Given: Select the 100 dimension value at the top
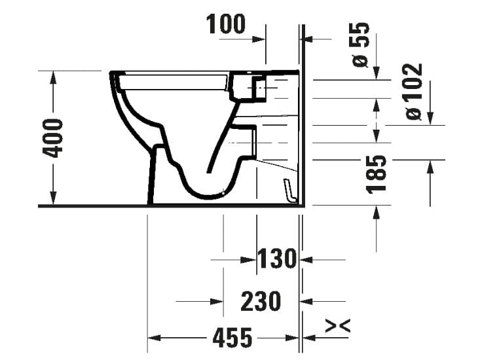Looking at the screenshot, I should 226,24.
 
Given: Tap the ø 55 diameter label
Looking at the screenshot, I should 361,44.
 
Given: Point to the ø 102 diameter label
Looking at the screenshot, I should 414,92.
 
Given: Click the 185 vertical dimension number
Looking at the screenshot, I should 377,174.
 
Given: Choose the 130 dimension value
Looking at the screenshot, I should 278,259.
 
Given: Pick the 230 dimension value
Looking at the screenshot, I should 261,302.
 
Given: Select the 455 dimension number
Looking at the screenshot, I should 232,338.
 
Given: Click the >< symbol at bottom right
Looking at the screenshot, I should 338,325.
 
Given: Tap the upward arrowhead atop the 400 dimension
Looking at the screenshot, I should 53,77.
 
